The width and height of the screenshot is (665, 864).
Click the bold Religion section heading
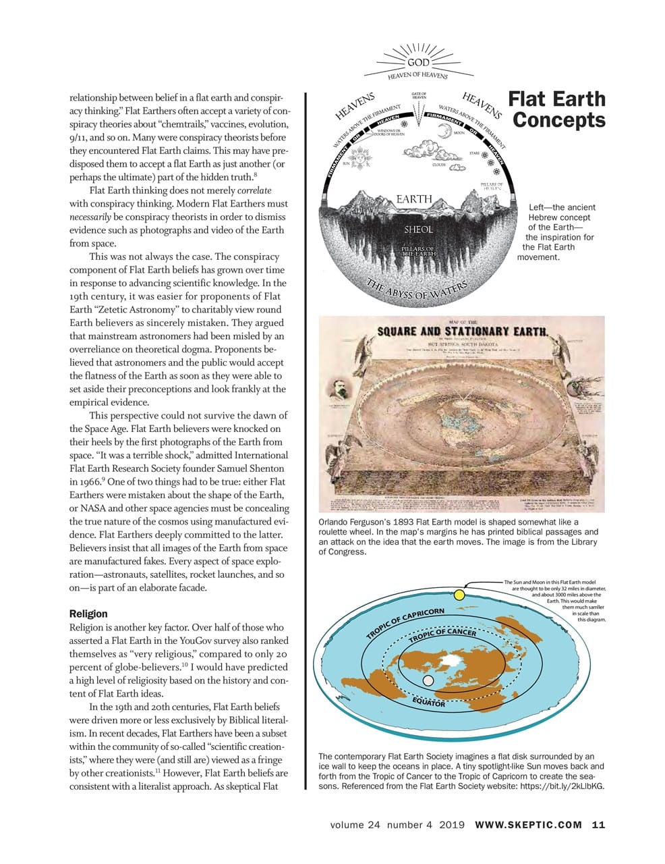88,614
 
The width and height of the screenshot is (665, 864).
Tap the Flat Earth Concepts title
557,109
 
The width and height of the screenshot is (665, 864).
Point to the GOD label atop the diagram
419,62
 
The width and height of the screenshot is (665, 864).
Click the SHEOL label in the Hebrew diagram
418,230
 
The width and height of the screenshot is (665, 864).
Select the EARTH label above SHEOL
414,199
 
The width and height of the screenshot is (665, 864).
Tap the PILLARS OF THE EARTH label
417,252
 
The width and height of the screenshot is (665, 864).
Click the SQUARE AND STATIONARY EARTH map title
462,331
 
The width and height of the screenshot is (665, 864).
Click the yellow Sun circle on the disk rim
459,595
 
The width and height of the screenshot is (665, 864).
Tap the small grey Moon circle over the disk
419,681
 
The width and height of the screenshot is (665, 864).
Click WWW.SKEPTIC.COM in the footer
528,825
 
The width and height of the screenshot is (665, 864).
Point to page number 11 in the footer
598,825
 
